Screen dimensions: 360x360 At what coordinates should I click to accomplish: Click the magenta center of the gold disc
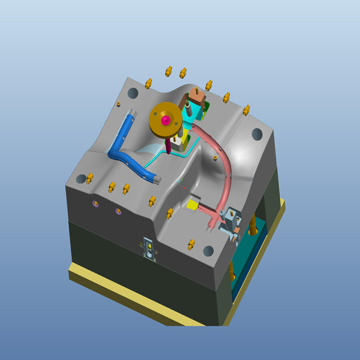[165, 120]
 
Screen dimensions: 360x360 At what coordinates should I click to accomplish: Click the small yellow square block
[191, 205]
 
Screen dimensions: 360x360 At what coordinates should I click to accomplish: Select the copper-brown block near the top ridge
[198, 95]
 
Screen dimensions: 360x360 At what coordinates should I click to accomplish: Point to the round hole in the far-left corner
[82, 179]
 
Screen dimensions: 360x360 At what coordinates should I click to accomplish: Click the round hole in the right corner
[257, 132]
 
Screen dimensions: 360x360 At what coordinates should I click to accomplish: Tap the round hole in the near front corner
[208, 250]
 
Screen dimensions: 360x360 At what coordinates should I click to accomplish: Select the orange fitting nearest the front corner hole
[191, 244]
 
